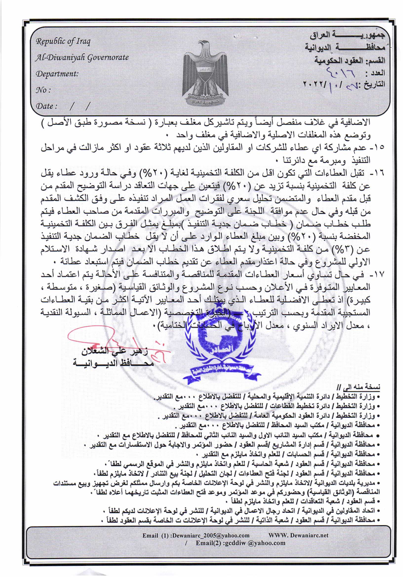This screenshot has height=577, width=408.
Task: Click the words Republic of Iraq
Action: pyautogui.click(x=63, y=42)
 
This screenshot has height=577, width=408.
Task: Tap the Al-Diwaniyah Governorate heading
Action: pyautogui.click(x=82, y=58)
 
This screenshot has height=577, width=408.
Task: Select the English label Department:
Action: pyautogui.click(x=57, y=74)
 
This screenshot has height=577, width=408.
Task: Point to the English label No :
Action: pyautogui.click(x=43, y=90)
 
